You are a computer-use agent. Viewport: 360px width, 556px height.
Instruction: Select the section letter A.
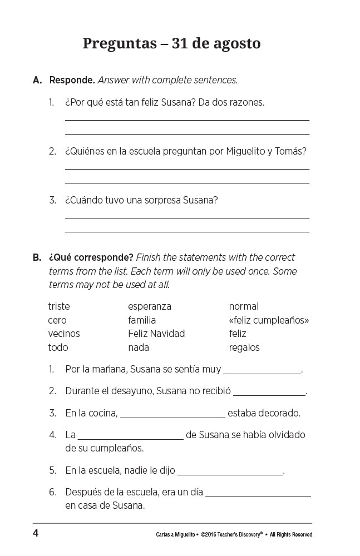(x=37, y=80)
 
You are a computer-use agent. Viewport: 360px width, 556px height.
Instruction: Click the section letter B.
(x=37, y=257)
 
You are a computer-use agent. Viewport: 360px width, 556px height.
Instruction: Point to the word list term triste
(x=59, y=306)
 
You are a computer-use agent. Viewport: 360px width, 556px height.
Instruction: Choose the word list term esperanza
(x=150, y=306)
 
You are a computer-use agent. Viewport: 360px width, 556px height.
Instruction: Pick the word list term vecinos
(x=64, y=334)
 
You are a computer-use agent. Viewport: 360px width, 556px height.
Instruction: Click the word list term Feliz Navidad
(x=156, y=334)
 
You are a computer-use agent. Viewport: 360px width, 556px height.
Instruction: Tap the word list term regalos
(x=244, y=348)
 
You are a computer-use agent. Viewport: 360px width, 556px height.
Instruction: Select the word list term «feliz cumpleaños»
(x=269, y=320)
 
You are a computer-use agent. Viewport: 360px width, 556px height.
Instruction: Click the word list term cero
(x=57, y=320)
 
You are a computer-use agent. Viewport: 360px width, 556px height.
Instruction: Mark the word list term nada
(x=139, y=348)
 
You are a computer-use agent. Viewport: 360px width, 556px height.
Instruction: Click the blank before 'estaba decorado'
(x=172, y=415)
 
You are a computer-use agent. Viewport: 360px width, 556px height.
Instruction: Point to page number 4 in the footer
(x=36, y=534)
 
